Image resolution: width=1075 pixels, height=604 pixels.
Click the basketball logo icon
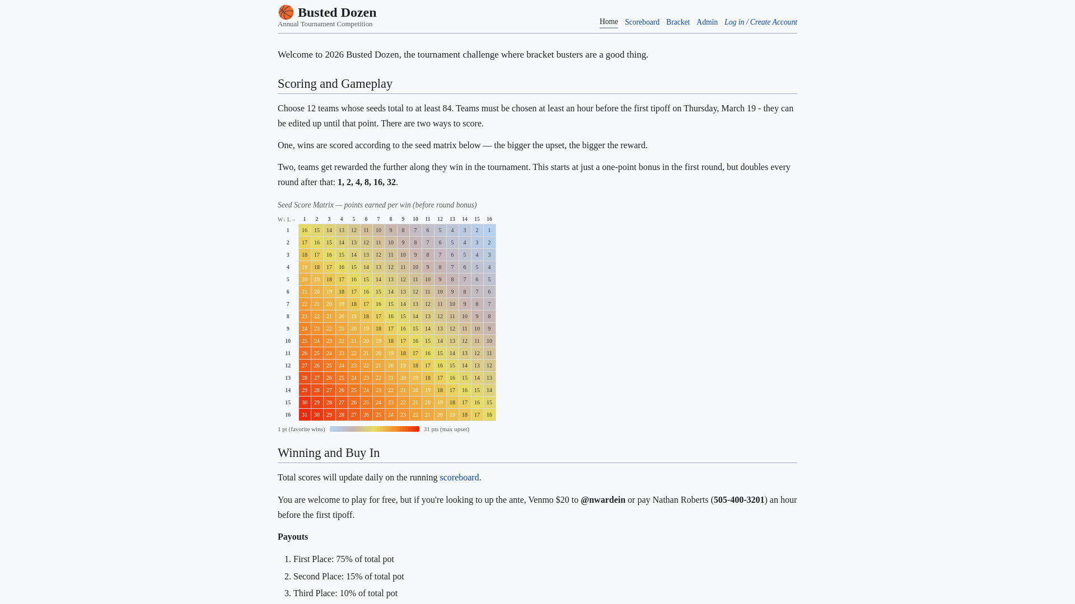click(x=286, y=12)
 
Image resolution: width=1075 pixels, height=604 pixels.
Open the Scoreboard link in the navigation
click(x=642, y=22)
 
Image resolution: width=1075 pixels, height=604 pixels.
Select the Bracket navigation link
click(x=677, y=22)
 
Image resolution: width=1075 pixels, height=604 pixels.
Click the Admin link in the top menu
click(x=707, y=22)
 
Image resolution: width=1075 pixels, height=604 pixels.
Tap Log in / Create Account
click(x=760, y=22)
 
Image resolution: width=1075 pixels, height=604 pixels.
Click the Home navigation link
click(x=609, y=22)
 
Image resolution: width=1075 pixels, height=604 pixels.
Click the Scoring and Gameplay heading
click(x=335, y=84)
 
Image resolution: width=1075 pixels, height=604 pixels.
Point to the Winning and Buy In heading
click(x=329, y=453)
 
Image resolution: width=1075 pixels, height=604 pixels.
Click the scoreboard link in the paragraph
click(x=459, y=478)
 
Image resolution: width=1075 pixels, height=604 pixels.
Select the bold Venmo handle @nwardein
click(x=602, y=500)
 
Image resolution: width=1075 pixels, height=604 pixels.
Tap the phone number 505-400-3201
click(x=739, y=500)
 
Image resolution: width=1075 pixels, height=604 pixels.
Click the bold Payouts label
click(x=293, y=537)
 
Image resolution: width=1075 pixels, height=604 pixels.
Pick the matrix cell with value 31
click(x=305, y=415)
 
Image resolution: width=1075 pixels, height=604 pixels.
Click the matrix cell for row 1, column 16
click(x=489, y=230)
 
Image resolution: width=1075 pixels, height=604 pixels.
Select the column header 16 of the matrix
click(x=489, y=219)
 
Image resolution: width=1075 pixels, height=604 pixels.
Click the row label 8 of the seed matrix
click(x=288, y=317)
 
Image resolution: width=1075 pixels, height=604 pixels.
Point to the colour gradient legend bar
click(x=374, y=430)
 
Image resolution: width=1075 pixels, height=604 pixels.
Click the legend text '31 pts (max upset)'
click(x=446, y=430)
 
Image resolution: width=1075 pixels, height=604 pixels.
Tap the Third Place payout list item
click(x=345, y=593)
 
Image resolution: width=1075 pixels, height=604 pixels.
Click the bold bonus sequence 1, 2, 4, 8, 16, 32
click(x=366, y=182)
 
